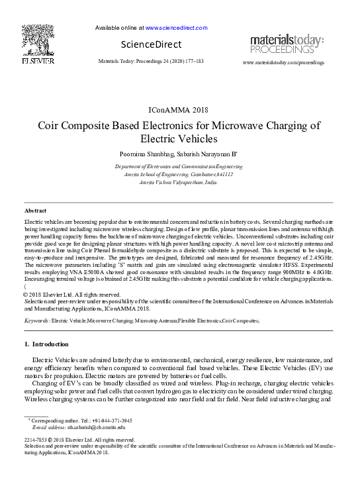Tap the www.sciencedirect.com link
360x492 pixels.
click(176, 28)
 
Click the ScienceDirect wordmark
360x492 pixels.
click(150, 44)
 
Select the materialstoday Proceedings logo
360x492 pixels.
click(286, 44)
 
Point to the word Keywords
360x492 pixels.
click(36, 320)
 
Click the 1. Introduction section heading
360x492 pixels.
click(46, 344)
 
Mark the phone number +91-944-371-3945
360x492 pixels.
click(109, 420)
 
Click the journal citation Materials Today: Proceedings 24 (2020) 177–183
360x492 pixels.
click(151, 61)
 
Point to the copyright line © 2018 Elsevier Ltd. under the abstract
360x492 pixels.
click(72, 294)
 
